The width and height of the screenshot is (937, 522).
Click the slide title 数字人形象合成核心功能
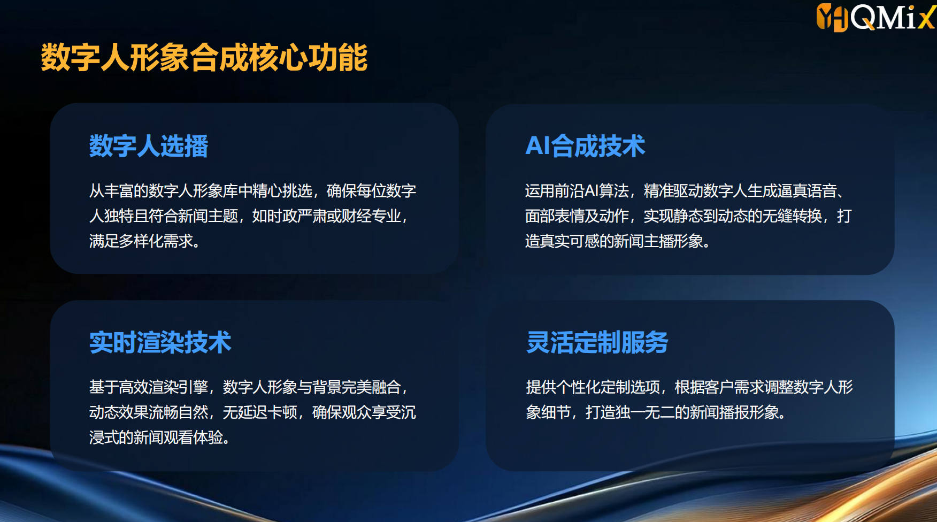[204, 57]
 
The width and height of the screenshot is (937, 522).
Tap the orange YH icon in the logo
[832, 17]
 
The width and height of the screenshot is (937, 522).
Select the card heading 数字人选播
[149, 146]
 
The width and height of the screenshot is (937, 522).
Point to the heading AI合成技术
[585, 146]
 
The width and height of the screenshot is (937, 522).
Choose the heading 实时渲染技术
[160, 342]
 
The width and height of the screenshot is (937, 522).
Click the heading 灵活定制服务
[597, 342]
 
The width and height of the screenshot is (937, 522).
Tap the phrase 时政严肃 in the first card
[297, 216]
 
